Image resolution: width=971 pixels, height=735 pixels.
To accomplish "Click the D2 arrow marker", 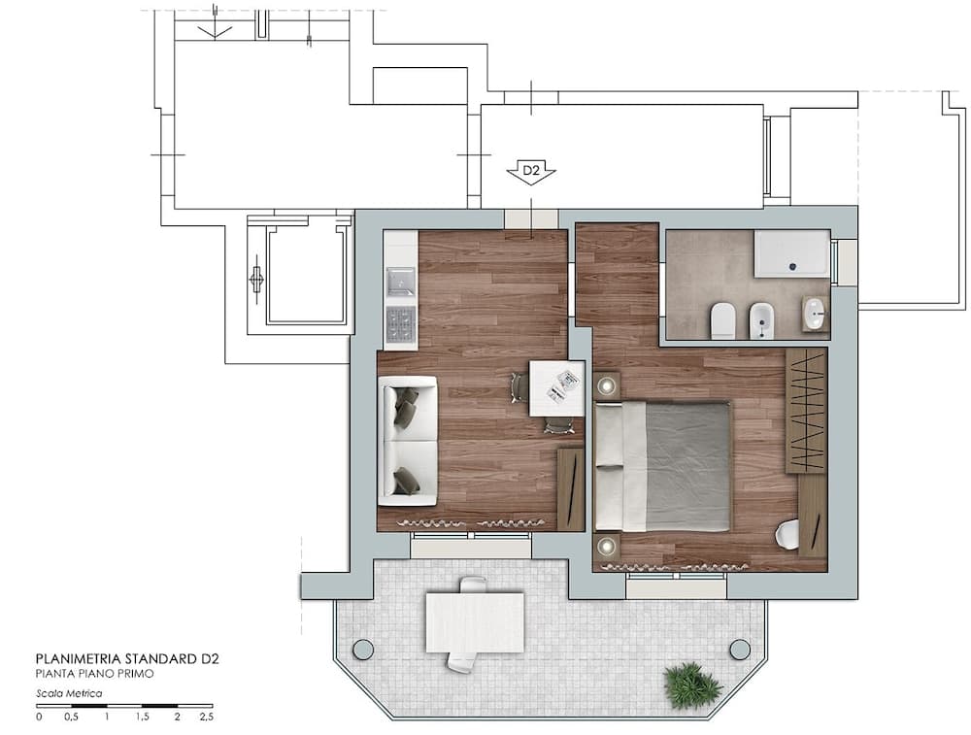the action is [x=531, y=172].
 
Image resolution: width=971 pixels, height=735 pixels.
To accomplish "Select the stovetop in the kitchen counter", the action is [x=401, y=325].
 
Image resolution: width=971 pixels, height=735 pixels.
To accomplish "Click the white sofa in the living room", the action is [x=407, y=440].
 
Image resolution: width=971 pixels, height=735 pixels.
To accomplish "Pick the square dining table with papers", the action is [x=556, y=388].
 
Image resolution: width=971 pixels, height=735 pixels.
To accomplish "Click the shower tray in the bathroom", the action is [x=791, y=253].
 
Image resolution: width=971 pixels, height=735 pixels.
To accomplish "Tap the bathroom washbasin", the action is [x=816, y=313].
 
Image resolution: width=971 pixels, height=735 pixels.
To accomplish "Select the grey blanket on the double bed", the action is [x=688, y=466].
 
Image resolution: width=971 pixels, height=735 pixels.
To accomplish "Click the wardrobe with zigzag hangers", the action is [x=807, y=410].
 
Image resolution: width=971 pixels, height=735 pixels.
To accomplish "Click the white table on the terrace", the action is [x=475, y=621].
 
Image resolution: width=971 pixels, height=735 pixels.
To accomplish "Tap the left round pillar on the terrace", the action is [x=363, y=649].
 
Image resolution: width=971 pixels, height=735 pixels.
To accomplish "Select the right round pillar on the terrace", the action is [x=739, y=649].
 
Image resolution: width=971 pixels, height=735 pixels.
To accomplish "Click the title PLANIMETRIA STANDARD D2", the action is [x=127, y=658].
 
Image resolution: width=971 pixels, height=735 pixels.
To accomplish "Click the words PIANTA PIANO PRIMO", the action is [x=95, y=674].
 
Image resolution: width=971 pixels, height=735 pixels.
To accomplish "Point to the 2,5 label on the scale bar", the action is [x=206, y=718].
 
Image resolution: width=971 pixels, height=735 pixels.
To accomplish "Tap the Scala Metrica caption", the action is [x=69, y=693].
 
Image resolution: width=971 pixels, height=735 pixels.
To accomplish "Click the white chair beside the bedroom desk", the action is [x=787, y=534].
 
